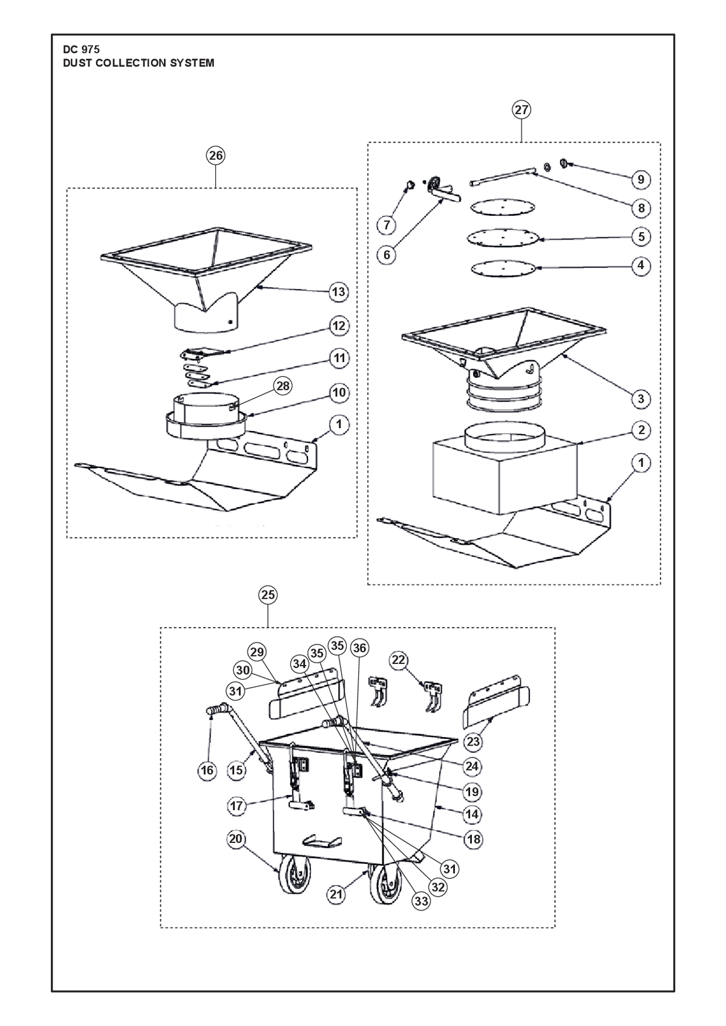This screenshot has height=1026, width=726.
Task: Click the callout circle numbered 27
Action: point(522,110)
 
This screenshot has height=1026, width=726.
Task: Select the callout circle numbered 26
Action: point(215,156)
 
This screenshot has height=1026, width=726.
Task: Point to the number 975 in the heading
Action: point(90,50)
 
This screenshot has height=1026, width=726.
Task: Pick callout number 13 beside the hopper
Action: point(339,292)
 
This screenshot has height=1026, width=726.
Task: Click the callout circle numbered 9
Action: point(641,180)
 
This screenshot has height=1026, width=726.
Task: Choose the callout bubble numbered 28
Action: point(283,386)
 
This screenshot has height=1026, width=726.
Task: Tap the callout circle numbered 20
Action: point(236,839)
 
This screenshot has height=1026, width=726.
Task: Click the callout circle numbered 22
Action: point(399,660)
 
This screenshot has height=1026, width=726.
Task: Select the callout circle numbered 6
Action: point(387,255)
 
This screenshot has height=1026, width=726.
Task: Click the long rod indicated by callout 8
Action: point(503,177)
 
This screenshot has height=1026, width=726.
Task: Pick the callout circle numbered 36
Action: point(359,648)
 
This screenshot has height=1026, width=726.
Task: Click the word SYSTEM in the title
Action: point(192,63)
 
